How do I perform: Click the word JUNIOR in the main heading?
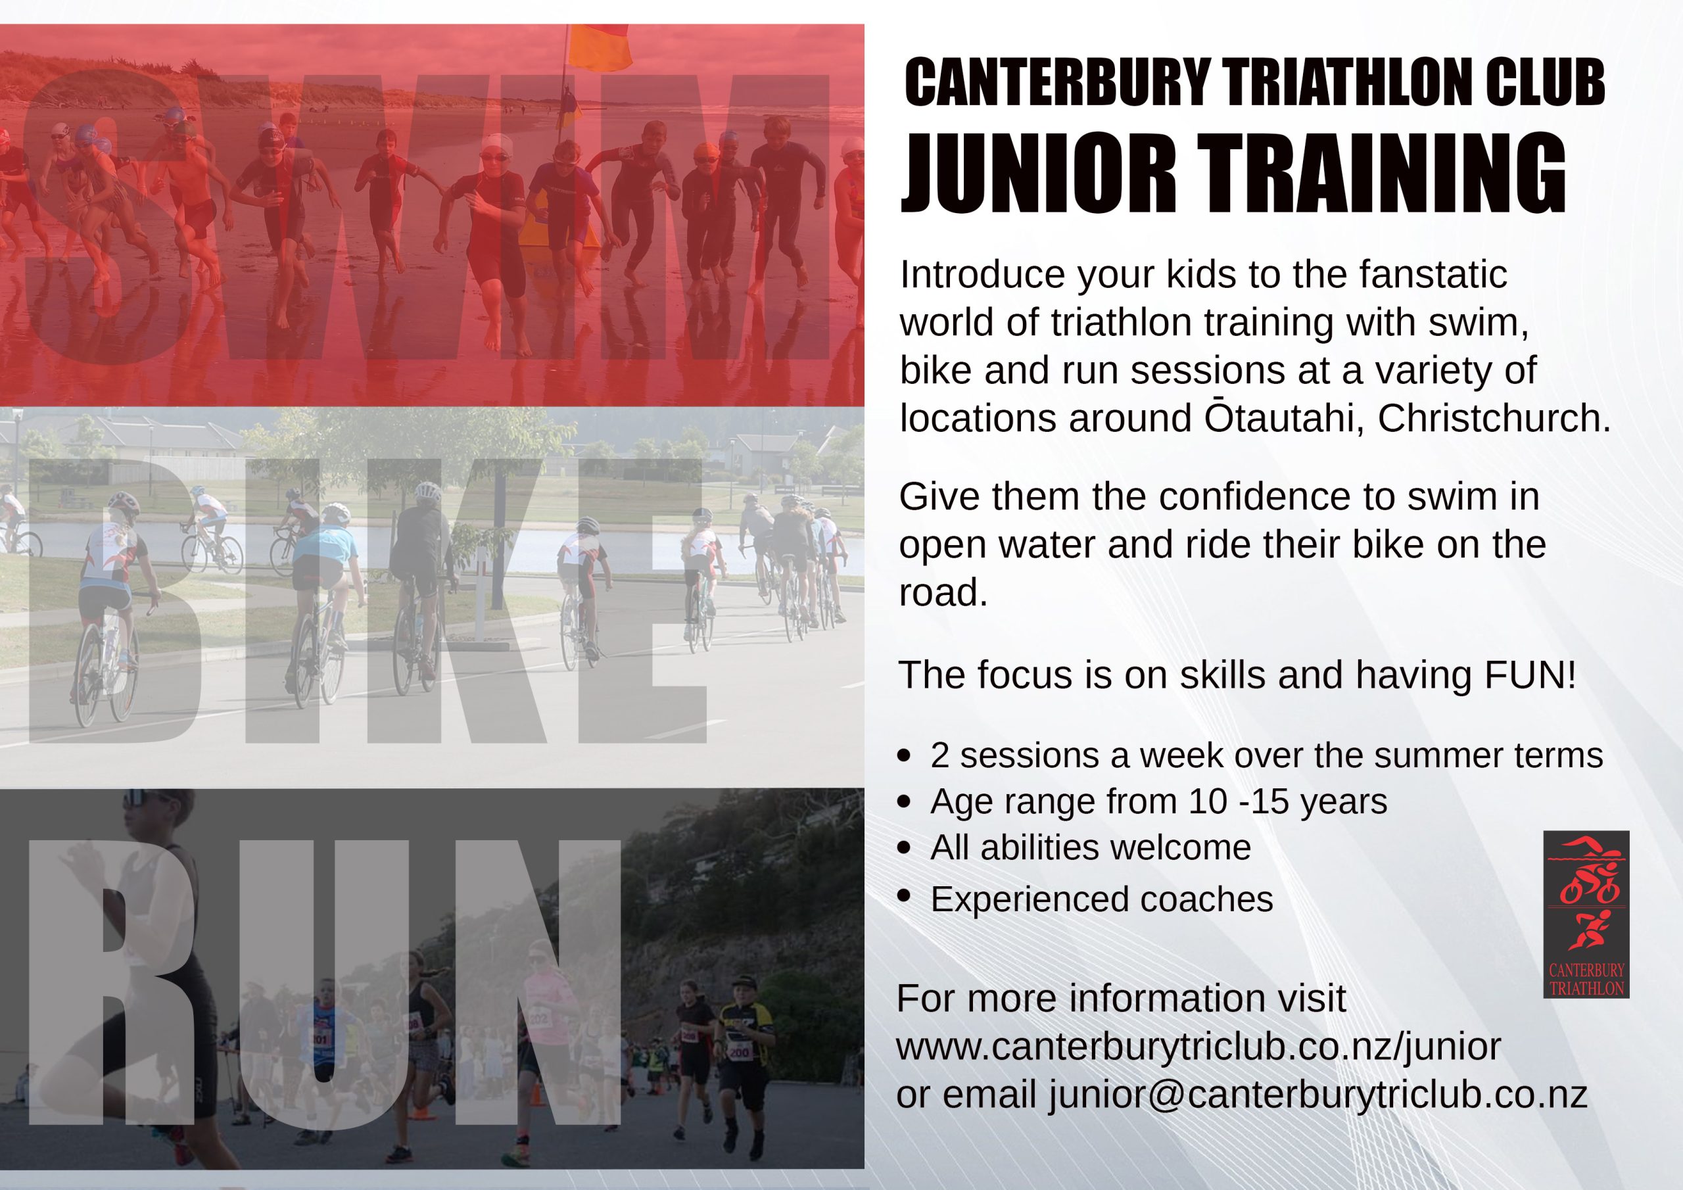1039,174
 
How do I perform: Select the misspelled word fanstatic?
1433,274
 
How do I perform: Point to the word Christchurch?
1494,417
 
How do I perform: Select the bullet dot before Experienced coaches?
905,895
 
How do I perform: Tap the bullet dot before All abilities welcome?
905,847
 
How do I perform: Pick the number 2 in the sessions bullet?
939,755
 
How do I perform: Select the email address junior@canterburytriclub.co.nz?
1318,1095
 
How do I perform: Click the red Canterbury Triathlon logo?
1586,915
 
